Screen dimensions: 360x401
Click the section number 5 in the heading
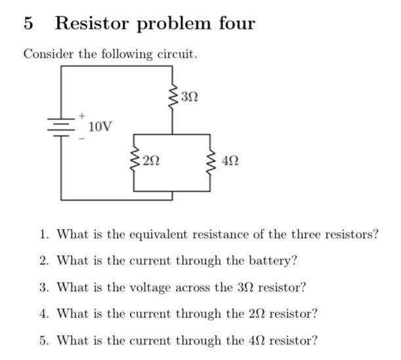(x=28, y=24)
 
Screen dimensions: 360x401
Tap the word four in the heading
(x=233, y=24)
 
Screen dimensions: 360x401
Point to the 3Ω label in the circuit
(x=189, y=98)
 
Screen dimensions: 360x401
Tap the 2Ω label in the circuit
(x=151, y=159)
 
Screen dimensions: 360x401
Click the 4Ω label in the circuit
(x=230, y=159)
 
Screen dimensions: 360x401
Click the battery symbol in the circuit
(x=62, y=126)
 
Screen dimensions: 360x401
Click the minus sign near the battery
(x=82, y=138)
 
